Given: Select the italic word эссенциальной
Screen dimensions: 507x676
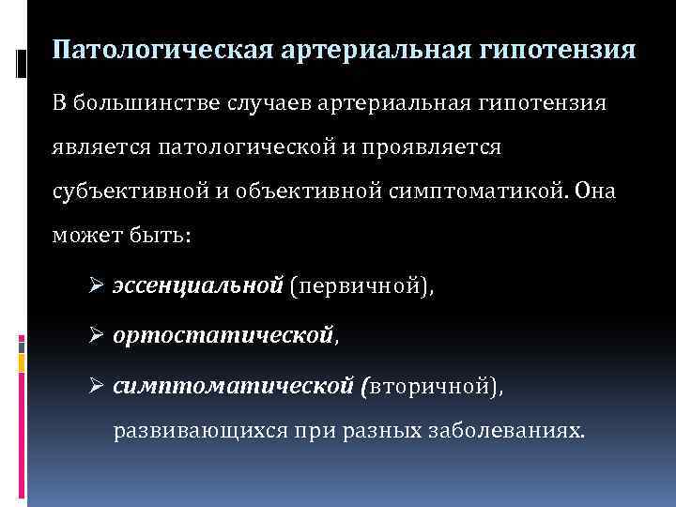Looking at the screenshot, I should click(x=198, y=285).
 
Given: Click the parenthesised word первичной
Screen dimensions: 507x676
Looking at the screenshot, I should click(x=360, y=285).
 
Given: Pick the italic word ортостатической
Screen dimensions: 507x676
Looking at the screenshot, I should click(x=223, y=334).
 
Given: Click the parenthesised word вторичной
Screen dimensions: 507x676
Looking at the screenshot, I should click(x=429, y=385).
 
